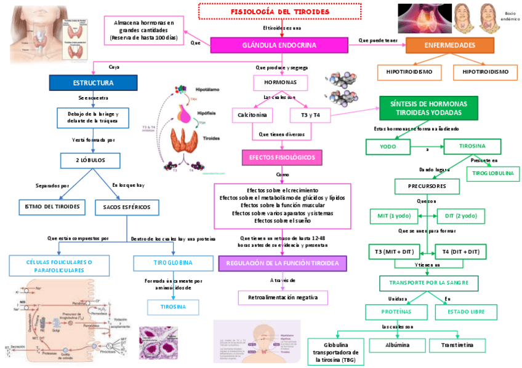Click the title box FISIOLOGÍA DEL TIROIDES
tap(279, 12)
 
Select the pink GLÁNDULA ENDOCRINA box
tap(279, 45)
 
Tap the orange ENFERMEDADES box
tap(449, 45)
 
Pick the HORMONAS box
tap(280, 82)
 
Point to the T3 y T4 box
tap(310, 115)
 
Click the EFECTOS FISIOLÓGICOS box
tap(281, 158)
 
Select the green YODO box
tap(388, 147)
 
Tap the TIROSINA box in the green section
tap(472, 146)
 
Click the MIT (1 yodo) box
tap(394, 216)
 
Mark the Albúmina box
tap(397, 345)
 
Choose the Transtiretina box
tap(457, 345)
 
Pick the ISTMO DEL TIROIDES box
tap(52, 206)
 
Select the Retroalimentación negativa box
tap(283, 297)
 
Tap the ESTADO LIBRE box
tap(466, 312)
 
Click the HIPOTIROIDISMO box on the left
tap(409, 72)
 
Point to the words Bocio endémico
tap(510, 16)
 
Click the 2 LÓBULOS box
tap(91, 160)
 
